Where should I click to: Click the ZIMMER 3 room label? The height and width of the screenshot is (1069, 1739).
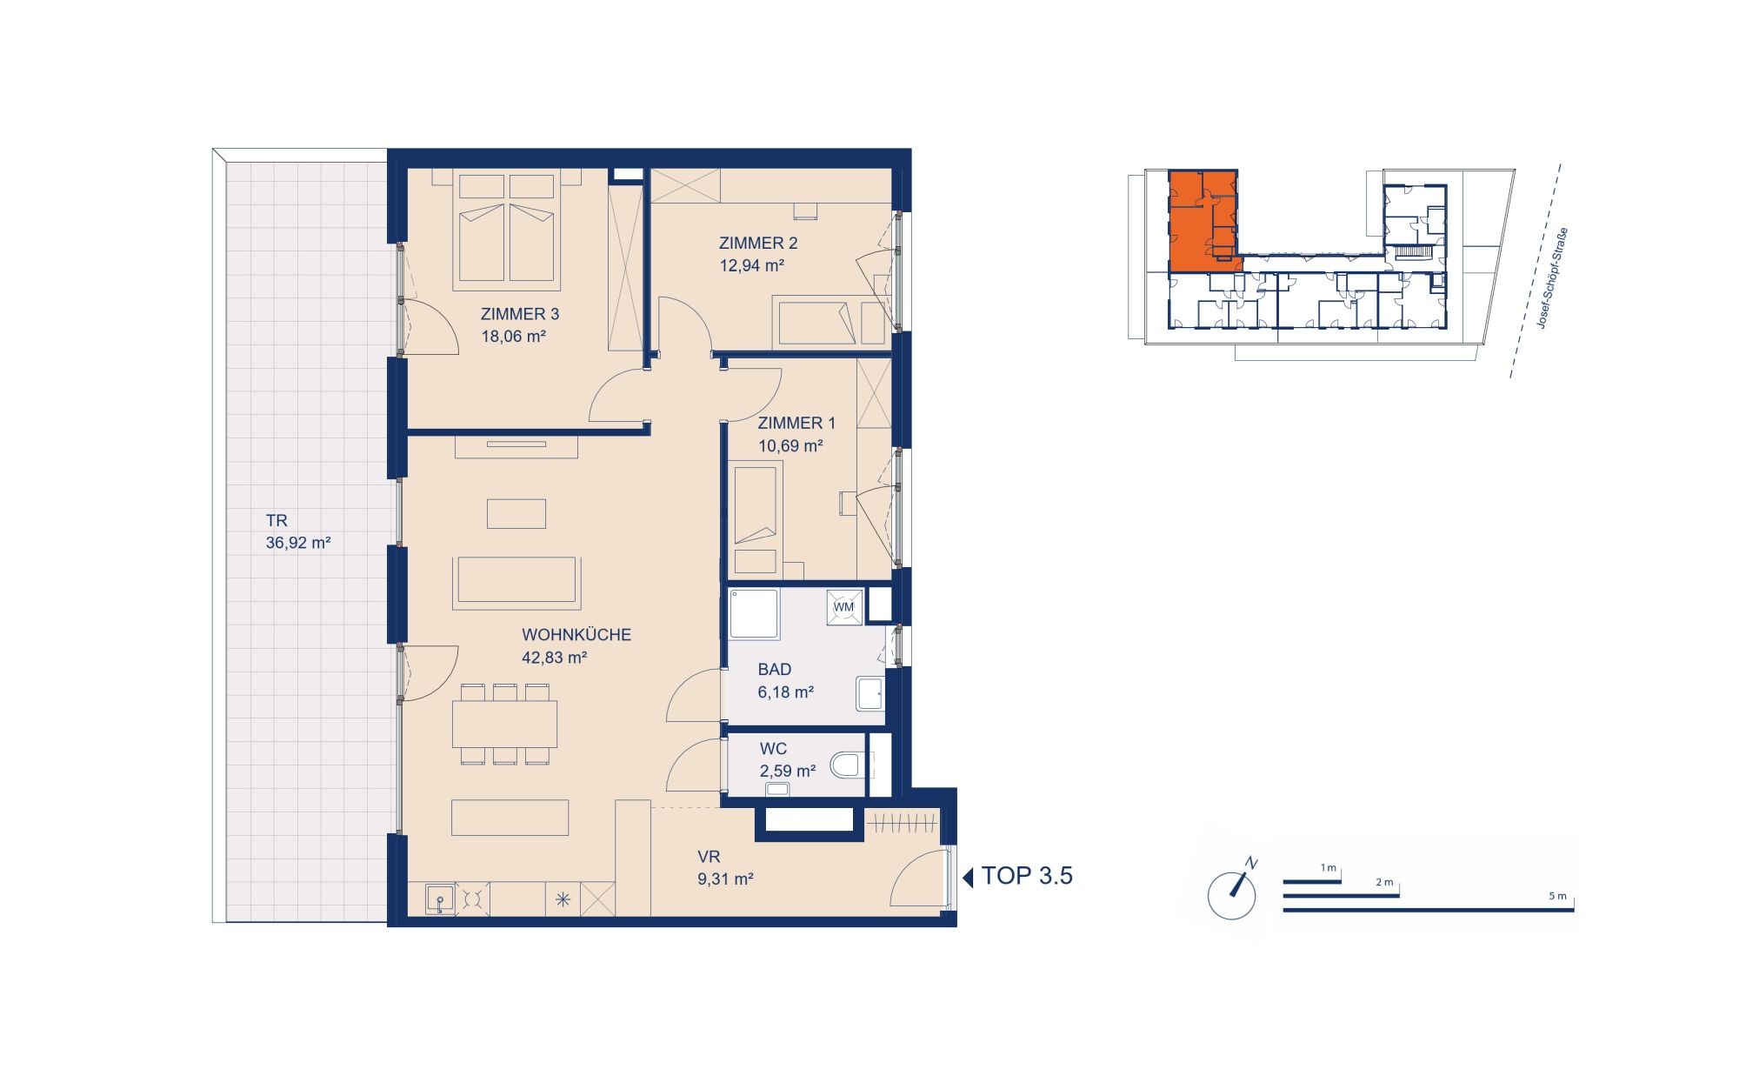coord(520,314)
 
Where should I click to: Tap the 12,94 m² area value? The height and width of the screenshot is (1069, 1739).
coord(752,265)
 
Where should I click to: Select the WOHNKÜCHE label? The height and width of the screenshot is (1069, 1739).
coord(576,635)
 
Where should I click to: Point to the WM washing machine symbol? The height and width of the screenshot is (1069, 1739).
coord(844,607)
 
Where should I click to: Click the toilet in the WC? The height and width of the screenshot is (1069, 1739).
coord(846,765)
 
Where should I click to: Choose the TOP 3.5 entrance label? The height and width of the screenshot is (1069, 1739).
coord(1027,876)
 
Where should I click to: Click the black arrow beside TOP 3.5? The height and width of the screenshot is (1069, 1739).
coord(968,878)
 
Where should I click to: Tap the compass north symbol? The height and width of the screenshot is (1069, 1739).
coord(1233,892)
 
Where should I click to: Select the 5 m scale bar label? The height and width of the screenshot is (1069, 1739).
coord(1557,896)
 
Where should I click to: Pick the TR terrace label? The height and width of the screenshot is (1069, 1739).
coord(277,520)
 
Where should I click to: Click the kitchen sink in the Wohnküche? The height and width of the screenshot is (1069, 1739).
coord(441,899)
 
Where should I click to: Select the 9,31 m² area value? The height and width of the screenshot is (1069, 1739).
coord(725,879)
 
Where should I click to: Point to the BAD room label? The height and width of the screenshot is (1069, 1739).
coord(775,670)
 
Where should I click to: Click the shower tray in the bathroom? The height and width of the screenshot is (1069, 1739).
coord(754,614)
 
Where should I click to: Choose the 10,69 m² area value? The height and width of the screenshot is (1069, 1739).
coord(790,446)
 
